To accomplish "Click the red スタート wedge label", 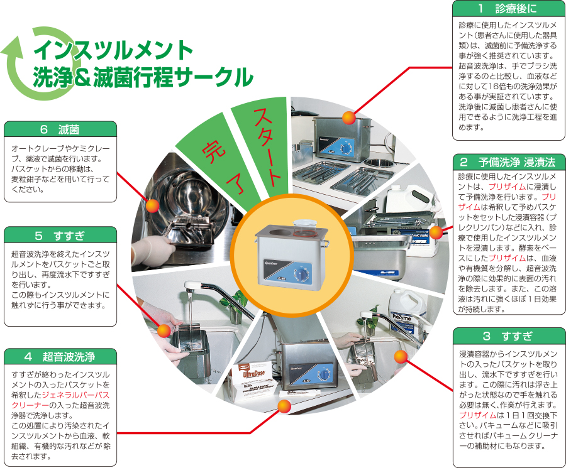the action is click(267, 147).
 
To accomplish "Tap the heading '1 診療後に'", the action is click(509, 8).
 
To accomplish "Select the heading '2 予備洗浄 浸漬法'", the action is click(508, 162).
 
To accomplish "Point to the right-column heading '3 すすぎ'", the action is click(508, 336).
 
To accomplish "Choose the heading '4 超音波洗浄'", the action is click(60, 357).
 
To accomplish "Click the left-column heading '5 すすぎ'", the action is click(60, 236).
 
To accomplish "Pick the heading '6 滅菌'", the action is click(60, 129).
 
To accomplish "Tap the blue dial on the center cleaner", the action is click(302, 275).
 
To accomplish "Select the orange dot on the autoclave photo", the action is click(152, 206).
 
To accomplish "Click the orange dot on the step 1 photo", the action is click(348, 117).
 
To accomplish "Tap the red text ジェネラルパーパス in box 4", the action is click(76, 395).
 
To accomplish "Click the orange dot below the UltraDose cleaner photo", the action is click(284, 406).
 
